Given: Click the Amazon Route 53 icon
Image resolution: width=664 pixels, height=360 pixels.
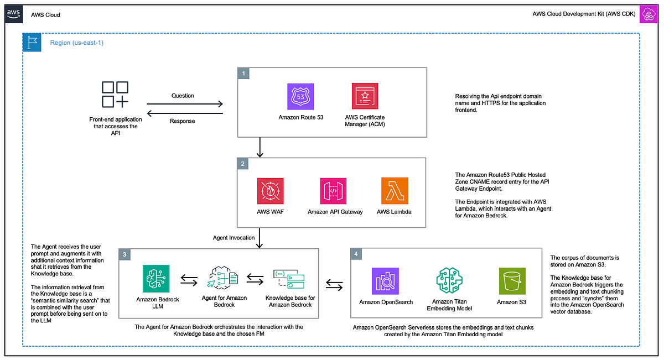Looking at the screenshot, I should (x=300, y=96).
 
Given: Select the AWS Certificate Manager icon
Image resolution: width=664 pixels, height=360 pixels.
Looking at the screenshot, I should (x=365, y=96).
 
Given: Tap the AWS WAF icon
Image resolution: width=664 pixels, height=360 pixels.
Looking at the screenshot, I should (x=270, y=191).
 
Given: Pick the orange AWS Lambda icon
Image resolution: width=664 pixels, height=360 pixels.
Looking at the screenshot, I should (x=395, y=191).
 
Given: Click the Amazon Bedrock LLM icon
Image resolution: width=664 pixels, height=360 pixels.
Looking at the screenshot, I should (x=156, y=279).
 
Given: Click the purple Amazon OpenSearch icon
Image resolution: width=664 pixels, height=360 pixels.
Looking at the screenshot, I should (x=385, y=281).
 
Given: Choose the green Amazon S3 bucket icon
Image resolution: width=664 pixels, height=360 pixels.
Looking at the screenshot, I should (x=512, y=281).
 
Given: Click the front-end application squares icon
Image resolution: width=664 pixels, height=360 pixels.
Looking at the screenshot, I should (x=115, y=95).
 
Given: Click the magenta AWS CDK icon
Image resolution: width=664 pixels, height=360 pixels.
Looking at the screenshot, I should (x=647, y=15).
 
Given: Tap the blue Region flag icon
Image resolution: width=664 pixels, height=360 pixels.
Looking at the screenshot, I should (x=32, y=43).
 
